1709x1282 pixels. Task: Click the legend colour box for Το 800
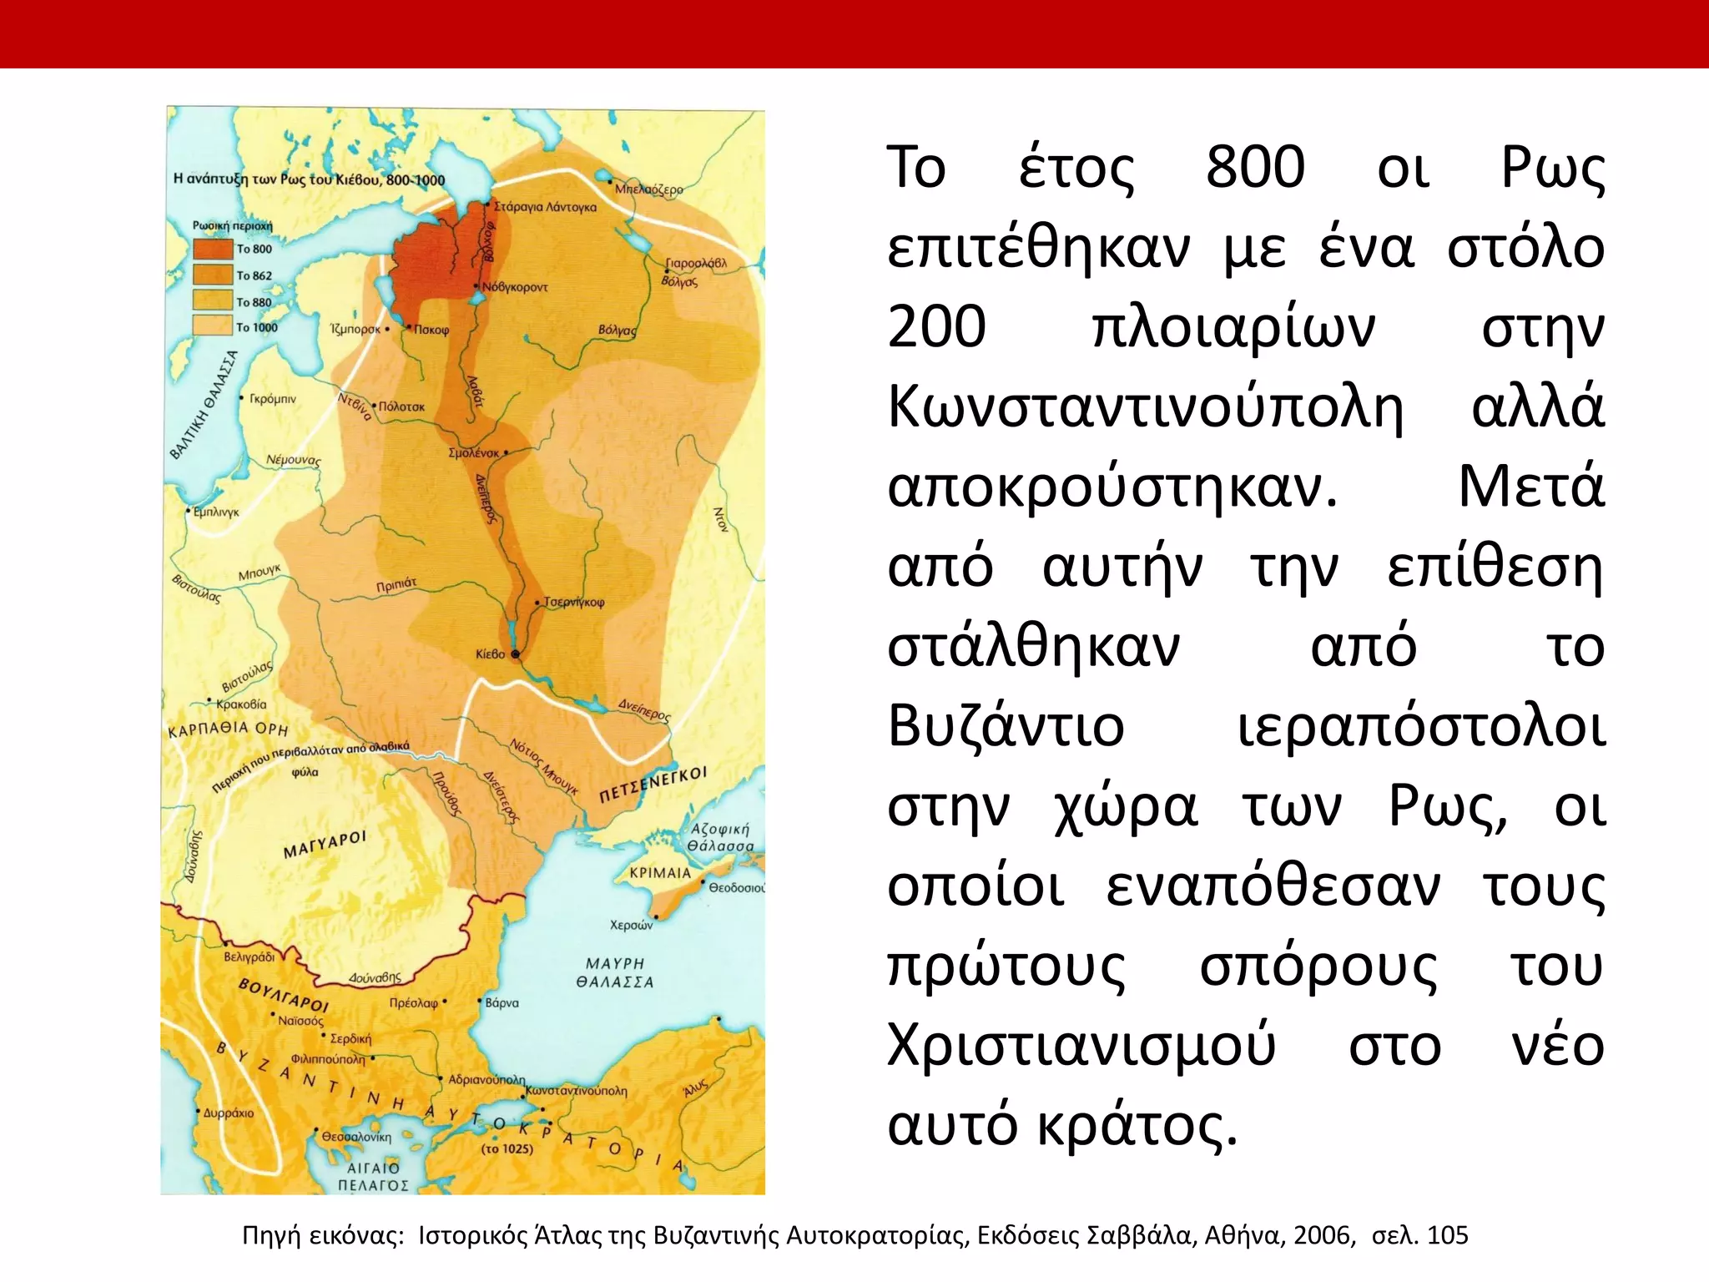(212, 249)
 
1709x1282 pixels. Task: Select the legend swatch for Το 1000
(212, 326)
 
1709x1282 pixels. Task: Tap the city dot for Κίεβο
(516, 654)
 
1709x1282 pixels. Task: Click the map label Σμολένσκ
(474, 453)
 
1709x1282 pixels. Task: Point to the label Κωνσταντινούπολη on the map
(577, 1091)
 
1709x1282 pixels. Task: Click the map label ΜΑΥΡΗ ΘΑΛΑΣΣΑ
(615, 973)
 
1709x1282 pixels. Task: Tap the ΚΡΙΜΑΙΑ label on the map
(660, 872)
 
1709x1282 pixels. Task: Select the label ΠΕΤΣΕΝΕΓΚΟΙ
(653, 785)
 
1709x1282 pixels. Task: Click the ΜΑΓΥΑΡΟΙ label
(325, 845)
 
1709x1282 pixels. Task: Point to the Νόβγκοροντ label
(516, 287)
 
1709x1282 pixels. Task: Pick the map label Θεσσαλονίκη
(356, 1137)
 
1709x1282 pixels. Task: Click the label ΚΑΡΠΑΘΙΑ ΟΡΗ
(228, 729)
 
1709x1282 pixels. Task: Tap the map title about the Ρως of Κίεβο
(309, 179)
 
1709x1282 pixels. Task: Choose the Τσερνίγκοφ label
(574, 602)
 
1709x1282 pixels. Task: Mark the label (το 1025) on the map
(507, 1148)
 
